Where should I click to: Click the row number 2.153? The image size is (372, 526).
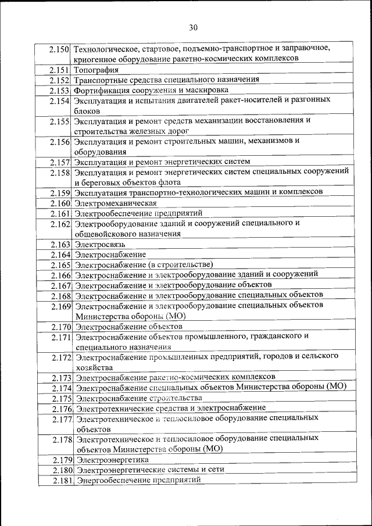[x=60, y=91]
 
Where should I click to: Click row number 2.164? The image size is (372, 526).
[x=60, y=255]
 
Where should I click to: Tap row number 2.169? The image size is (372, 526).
[x=61, y=306]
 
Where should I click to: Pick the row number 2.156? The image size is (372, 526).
[x=60, y=142]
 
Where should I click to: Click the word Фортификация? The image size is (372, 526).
[x=99, y=91]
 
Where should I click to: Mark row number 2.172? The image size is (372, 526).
[x=61, y=357]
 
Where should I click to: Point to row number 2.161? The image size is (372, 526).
[x=60, y=214]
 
